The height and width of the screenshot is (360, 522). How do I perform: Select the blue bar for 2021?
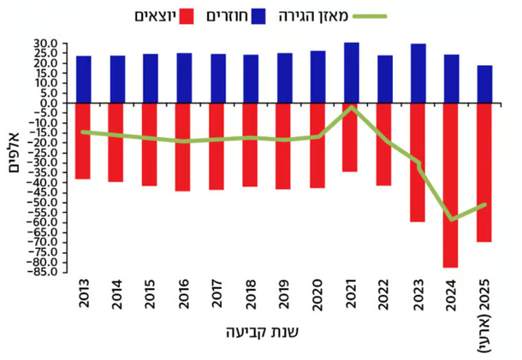point(351,73)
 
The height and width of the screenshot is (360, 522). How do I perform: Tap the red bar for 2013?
point(84,141)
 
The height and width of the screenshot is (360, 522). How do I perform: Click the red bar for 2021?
point(351,137)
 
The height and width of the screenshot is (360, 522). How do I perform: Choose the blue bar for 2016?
point(184,78)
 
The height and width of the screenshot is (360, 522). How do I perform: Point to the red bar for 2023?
point(418,162)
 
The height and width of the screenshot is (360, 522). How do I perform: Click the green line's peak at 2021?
point(351,107)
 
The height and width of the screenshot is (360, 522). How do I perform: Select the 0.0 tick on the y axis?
point(50,103)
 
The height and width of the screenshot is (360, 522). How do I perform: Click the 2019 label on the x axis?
point(284,295)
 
